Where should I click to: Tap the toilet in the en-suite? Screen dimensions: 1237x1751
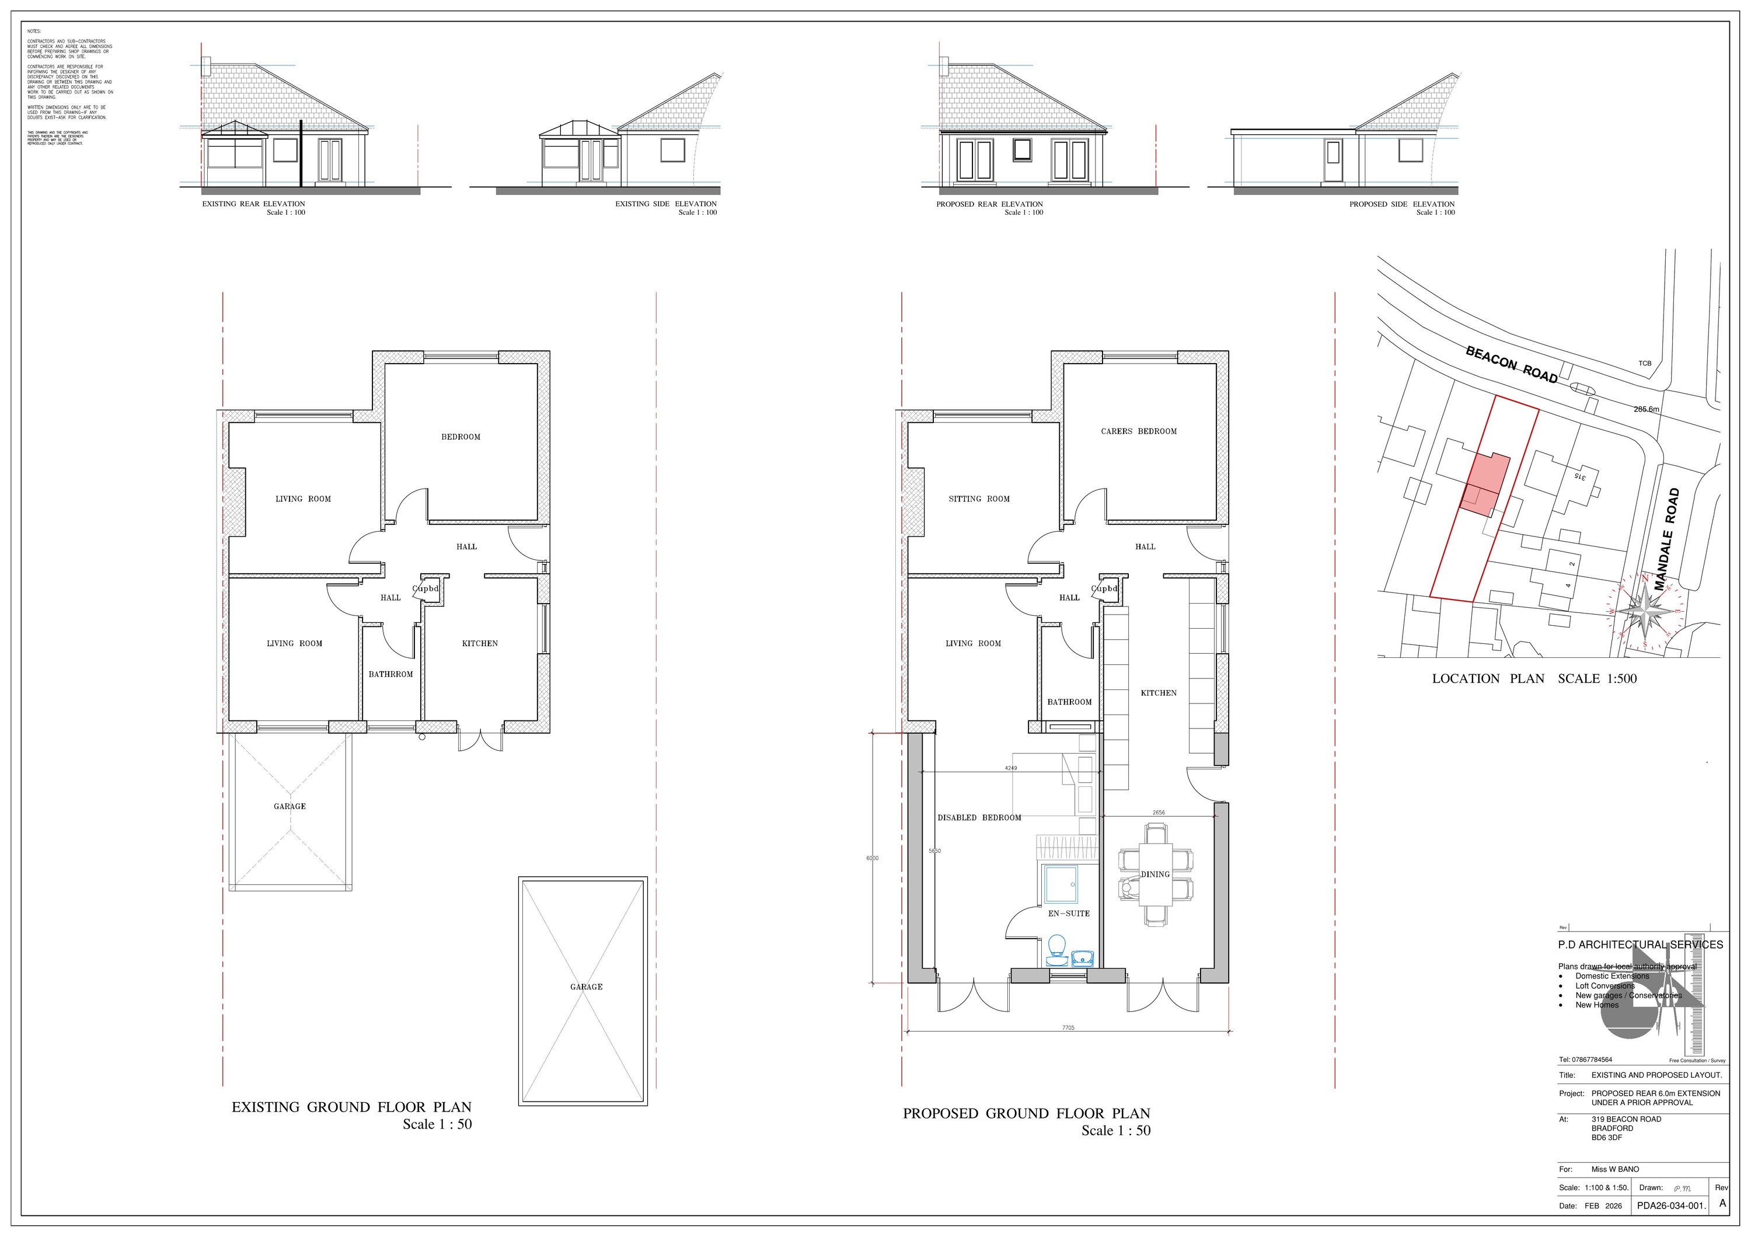(x=1056, y=948)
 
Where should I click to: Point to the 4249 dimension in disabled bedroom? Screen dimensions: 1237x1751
(x=1010, y=768)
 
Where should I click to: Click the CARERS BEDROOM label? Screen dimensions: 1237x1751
(x=1139, y=431)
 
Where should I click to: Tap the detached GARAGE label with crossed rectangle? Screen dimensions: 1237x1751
(x=585, y=987)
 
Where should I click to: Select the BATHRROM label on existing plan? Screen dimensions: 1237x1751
(x=390, y=674)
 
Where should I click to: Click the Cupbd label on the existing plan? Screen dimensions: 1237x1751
(x=425, y=589)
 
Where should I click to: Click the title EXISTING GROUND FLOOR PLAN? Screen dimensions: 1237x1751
(x=351, y=1107)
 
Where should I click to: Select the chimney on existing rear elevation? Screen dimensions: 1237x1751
(x=204, y=63)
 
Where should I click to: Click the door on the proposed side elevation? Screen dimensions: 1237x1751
(x=1333, y=161)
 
